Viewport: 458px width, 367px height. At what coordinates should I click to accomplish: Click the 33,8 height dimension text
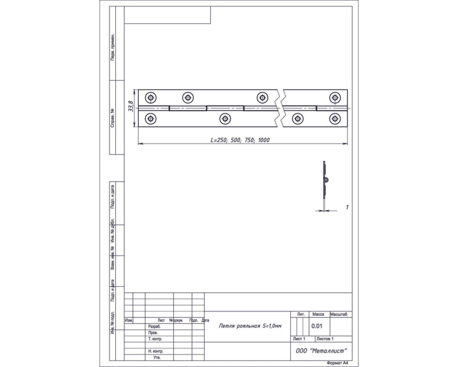click(131, 106)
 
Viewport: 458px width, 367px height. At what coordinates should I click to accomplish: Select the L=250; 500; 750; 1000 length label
click(240, 140)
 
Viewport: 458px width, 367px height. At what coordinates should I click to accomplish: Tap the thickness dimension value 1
click(347, 207)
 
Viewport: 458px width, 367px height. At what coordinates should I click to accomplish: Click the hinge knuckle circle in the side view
click(326, 180)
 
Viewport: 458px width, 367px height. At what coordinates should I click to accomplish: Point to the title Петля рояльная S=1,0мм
click(250, 326)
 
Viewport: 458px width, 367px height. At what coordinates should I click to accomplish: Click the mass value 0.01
click(317, 326)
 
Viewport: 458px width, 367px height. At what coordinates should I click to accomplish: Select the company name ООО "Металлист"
click(321, 351)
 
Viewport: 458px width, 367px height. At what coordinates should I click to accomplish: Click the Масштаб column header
click(338, 314)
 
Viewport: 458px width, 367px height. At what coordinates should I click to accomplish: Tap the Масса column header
click(318, 314)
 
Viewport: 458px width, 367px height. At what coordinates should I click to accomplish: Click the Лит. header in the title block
click(301, 314)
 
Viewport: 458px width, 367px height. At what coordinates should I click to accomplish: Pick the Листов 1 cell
click(325, 339)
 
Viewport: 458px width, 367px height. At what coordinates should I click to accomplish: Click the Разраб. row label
click(154, 327)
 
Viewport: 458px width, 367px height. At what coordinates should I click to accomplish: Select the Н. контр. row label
click(156, 351)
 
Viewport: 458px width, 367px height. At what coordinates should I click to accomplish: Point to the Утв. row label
click(157, 357)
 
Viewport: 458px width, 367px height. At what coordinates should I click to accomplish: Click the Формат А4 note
click(337, 363)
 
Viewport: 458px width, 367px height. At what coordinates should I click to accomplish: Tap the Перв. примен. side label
click(113, 47)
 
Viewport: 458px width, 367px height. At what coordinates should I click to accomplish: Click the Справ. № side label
click(112, 118)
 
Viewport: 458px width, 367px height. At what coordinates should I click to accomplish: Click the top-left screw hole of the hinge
click(151, 98)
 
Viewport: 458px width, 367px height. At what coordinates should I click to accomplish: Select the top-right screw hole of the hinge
click(335, 98)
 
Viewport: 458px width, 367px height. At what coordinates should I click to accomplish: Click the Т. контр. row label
click(155, 339)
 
